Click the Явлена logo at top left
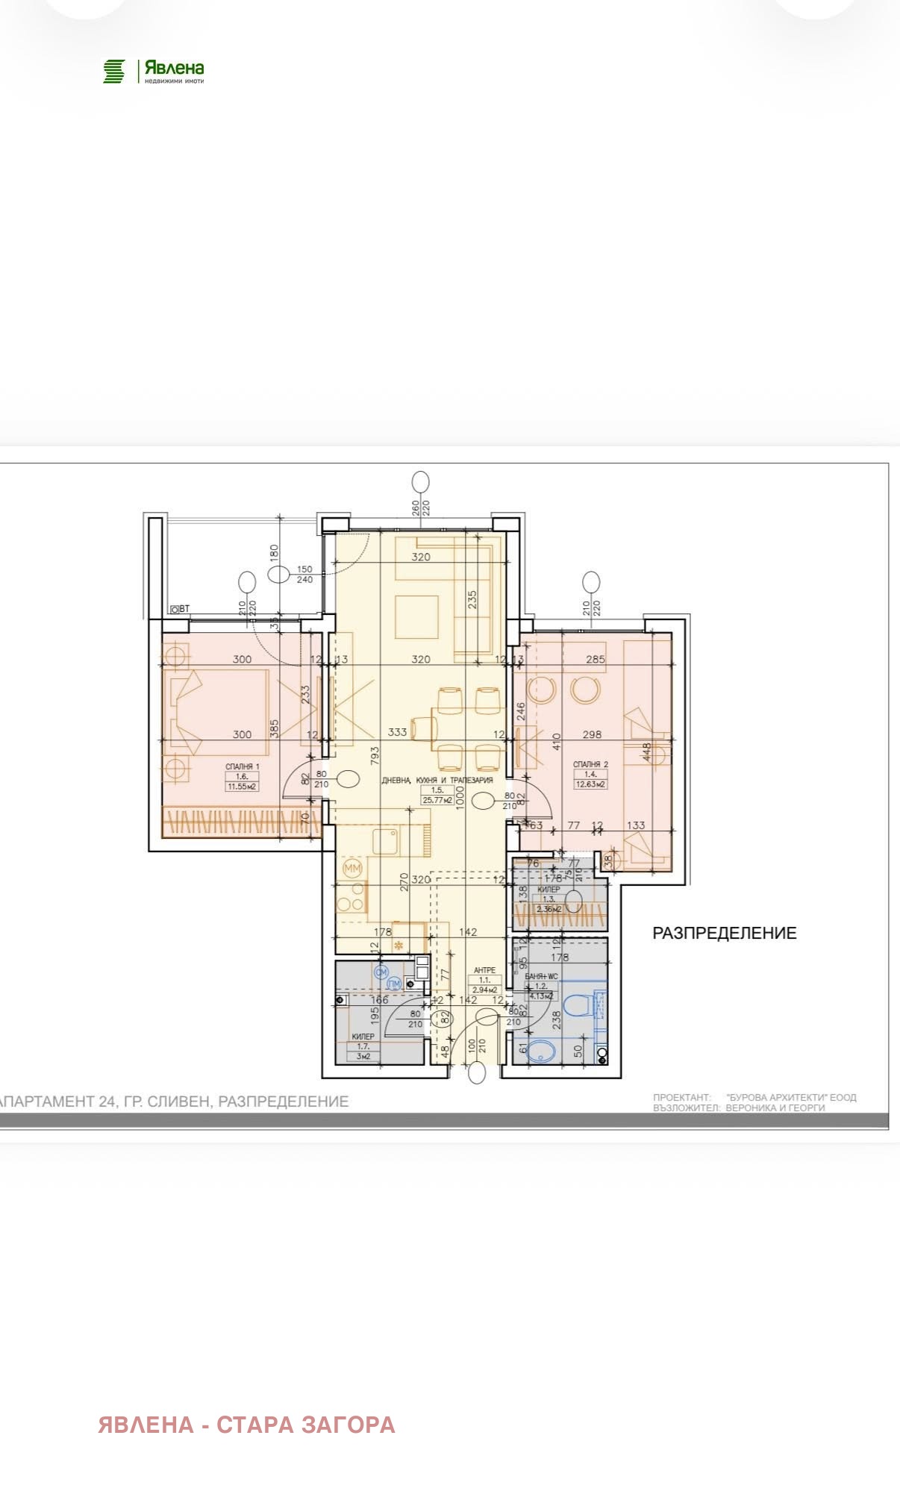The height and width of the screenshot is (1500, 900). (153, 72)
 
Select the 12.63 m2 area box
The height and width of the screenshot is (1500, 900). (590, 784)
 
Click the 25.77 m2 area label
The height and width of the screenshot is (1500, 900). (438, 800)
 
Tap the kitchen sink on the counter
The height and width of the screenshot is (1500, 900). (387, 842)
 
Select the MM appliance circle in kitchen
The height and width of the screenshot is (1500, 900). (353, 869)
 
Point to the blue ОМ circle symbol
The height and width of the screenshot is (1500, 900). (381, 972)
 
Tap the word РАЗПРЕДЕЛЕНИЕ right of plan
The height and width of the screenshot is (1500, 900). (724, 933)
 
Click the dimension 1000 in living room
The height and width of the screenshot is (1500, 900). (460, 797)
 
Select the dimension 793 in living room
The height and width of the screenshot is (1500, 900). (375, 755)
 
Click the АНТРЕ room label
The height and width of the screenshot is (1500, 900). (484, 971)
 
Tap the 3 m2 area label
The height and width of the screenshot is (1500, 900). (363, 1056)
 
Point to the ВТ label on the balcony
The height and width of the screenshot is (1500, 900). (180, 609)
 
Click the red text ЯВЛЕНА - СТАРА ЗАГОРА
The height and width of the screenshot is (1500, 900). (246, 1425)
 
